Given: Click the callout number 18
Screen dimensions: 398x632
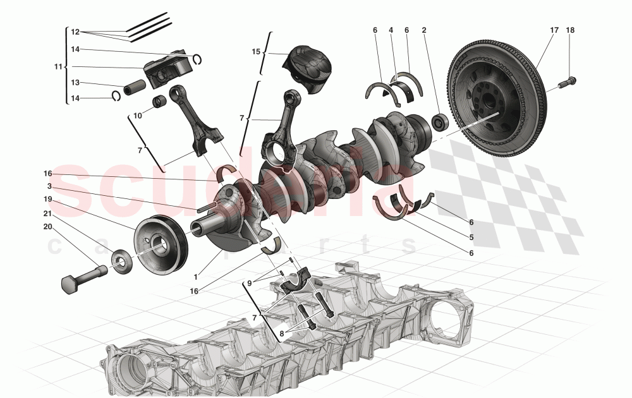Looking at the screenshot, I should [x=571, y=30].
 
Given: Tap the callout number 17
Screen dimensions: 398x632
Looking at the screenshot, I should [x=554, y=30].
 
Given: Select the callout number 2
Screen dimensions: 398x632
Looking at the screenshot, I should [x=424, y=30].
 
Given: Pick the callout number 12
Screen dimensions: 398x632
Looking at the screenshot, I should [x=75, y=32].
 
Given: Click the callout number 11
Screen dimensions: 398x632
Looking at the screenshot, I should [x=59, y=66].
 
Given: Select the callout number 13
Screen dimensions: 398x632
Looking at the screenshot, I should [x=75, y=83].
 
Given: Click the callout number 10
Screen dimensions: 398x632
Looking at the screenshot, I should [x=138, y=115].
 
